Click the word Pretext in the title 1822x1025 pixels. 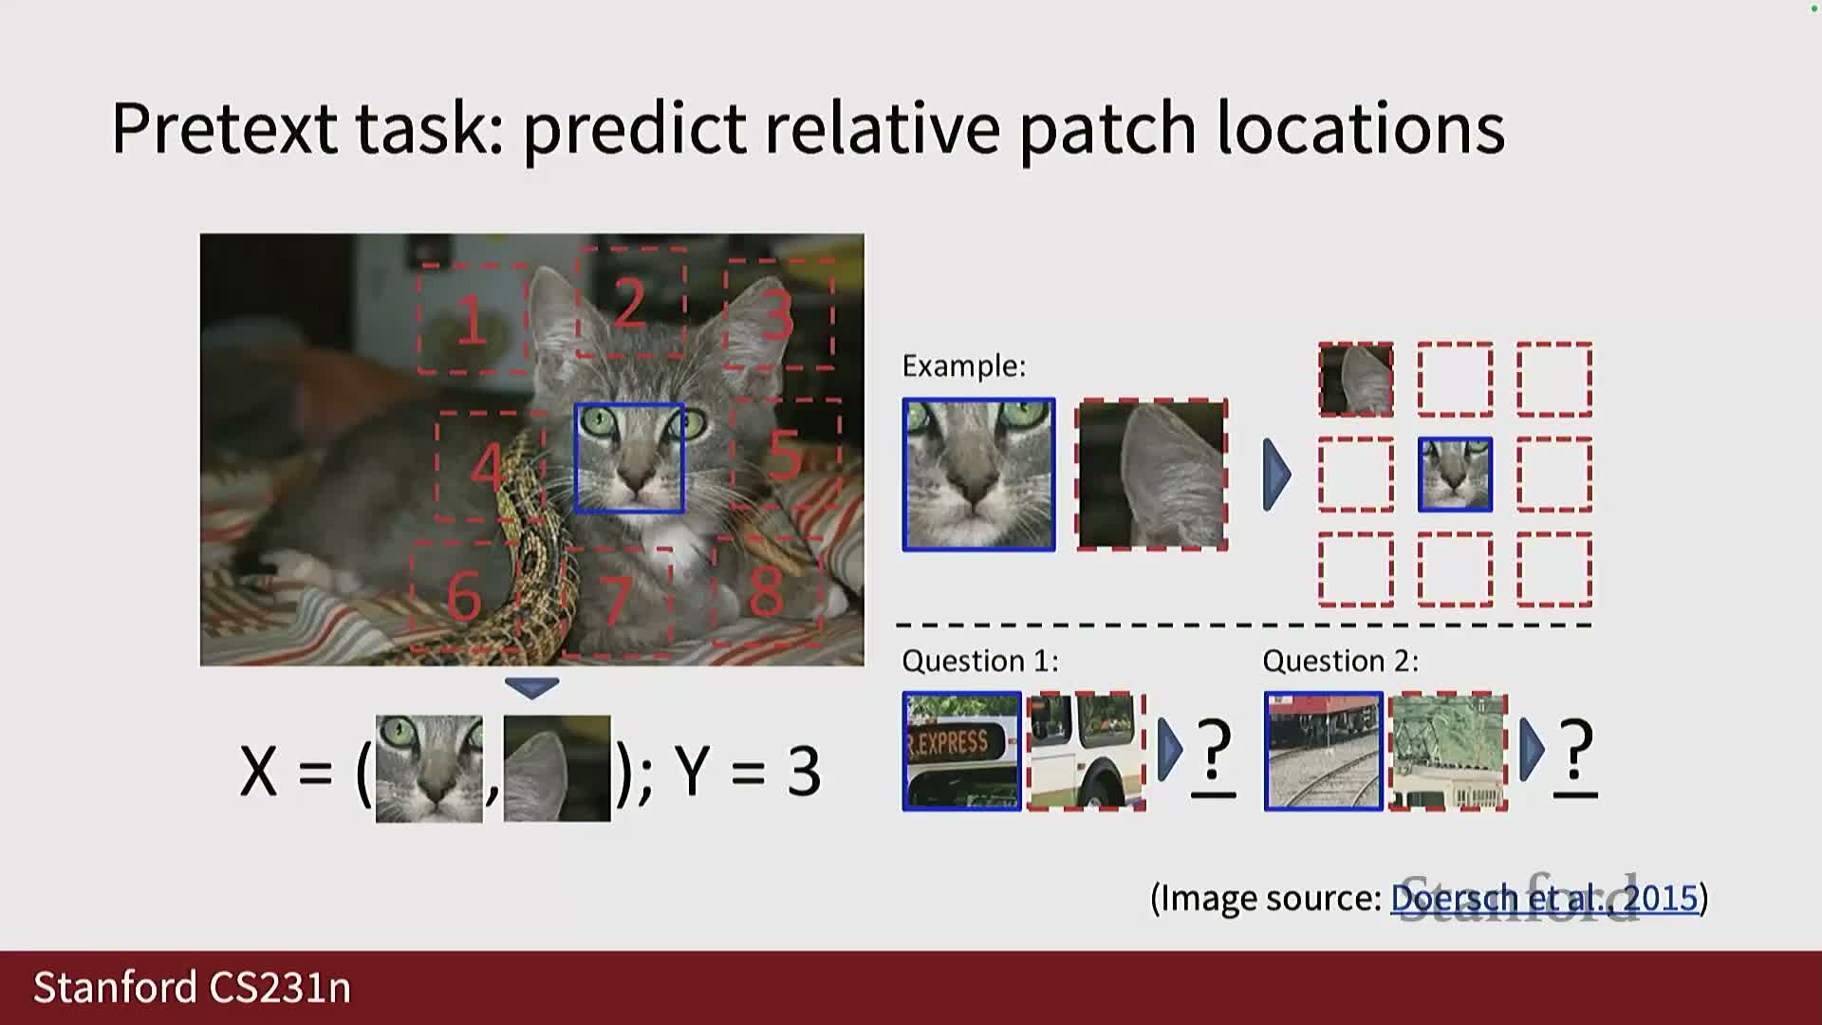pyautogui.click(x=224, y=127)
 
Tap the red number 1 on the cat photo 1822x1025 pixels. pyautogui.click(x=472, y=320)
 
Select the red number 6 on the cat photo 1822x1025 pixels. pyautogui.click(x=464, y=596)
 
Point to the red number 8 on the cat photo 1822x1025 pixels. pyautogui.click(x=767, y=591)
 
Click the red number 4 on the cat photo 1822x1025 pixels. pyautogui.click(x=488, y=466)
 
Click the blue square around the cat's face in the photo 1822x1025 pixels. pyautogui.click(x=575, y=458)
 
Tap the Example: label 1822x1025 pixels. pyautogui.click(x=963, y=366)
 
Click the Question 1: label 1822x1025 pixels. pyautogui.click(x=979, y=661)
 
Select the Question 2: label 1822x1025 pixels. pyautogui.click(x=1341, y=661)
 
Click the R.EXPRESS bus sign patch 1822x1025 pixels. pyautogui.click(x=962, y=752)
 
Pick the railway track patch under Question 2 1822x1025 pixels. pyautogui.click(x=1324, y=752)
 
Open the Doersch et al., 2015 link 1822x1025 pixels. pyautogui.click(x=1544, y=898)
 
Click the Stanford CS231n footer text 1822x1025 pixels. pyautogui.click(x=193, y=988)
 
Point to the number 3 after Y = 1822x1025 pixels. pyautogui.click(x=804, y=771)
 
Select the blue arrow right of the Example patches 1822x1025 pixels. pyautogui.click(x=1277, y=475)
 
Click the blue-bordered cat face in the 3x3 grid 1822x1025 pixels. pyautogui.click(x=1455, y=475)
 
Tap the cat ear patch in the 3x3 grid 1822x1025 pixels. pyautogui.click(x=1356, y=380)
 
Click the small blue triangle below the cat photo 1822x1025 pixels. pyautogui.click(x=531, y=687)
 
